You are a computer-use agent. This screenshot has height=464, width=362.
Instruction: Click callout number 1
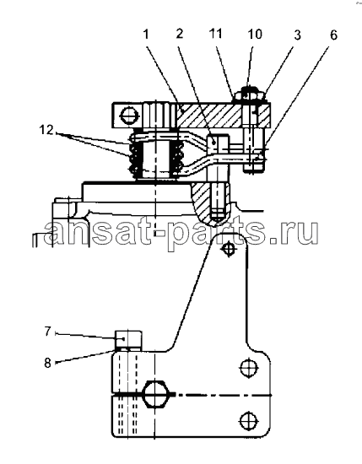[x=146, y=35]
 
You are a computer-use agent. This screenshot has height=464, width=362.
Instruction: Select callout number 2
[x=180, y=34]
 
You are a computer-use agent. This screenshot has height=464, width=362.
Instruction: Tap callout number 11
[x=215, y=34]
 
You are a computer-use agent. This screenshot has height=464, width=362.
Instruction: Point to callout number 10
[x=255, y=34]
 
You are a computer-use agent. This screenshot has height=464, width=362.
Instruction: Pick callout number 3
[x=297, y=35]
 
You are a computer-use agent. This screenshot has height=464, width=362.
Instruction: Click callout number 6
[x=333, y=35]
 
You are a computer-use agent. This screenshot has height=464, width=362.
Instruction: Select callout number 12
[x=46, y=130]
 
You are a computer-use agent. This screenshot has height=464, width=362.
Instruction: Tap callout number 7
[x=48, y=332]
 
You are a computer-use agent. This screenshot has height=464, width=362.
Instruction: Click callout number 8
[x=47, y=363]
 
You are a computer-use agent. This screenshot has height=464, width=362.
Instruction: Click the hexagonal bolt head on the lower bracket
[x=156, y=395]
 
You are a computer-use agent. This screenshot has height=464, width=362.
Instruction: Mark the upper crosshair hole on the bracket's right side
[x=249, y=368]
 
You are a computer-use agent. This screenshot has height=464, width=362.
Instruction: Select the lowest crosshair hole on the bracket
[x=249, y=420]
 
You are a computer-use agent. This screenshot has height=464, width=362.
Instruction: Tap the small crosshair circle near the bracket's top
[x=229, y=250]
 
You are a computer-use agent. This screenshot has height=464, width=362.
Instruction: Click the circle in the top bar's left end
[x=129, y=116]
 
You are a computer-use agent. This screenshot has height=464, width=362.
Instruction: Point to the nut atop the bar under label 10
[x=250, y=95]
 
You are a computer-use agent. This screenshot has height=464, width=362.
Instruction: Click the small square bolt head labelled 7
[x=128, y=339]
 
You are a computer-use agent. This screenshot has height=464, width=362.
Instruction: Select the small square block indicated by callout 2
[x=218, y=142]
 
